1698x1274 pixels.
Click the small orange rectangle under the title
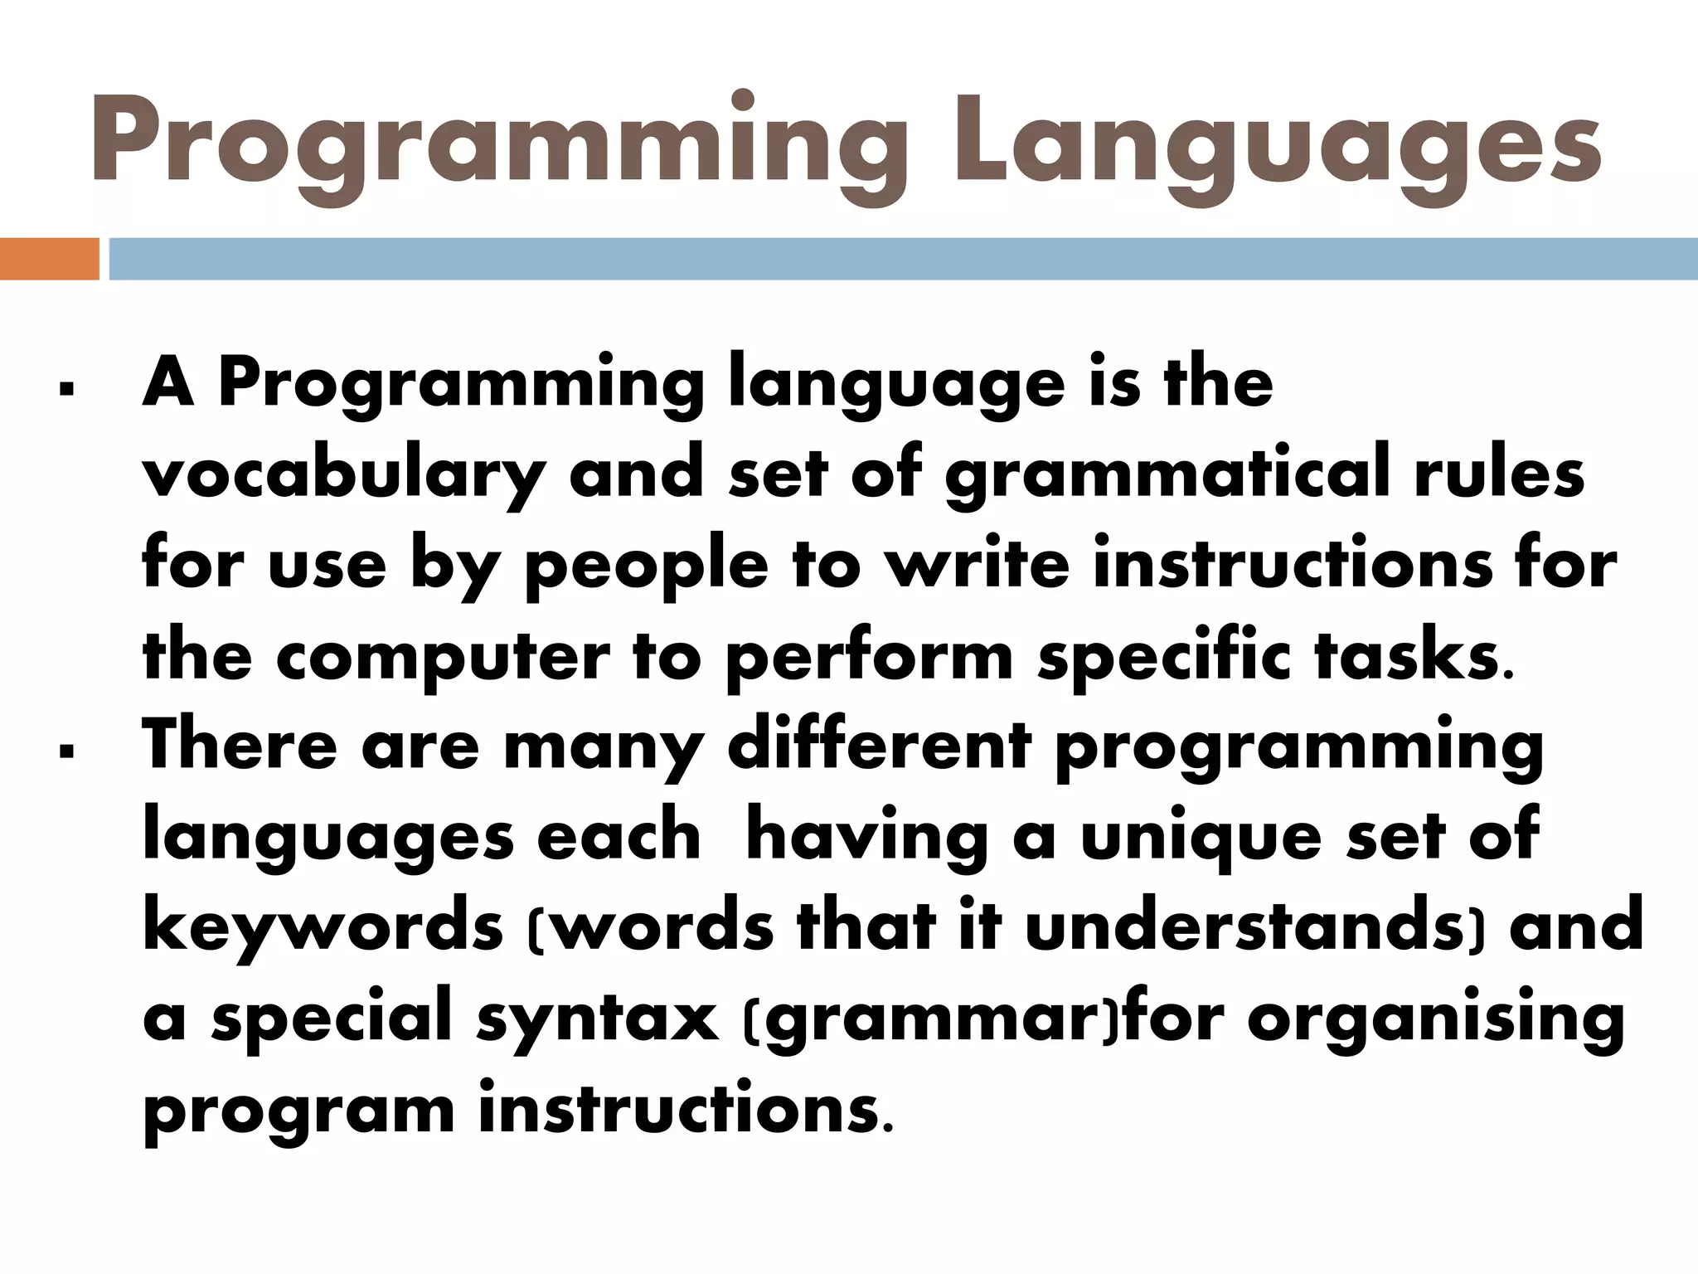tap(49, 259)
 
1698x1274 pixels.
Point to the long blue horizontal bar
tap(903, 259)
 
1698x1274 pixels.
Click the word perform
tap(870, 660)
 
